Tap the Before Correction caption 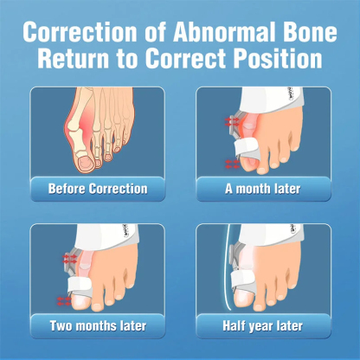pyautogui.click(x=97, y=188)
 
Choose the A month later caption pyautogui.click(x=263, y=188)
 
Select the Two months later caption pyautogui.click(x=97, y=325)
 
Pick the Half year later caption pyautogui.click(x=263, y=325)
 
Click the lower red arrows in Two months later pyautogui.click(x=64, y=300)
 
